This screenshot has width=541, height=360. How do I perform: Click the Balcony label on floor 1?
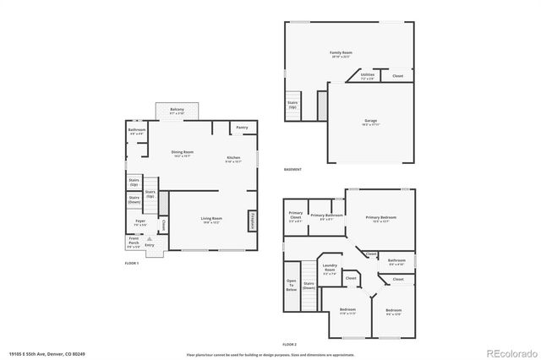[177, 110]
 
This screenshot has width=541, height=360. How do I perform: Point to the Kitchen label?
[233, 158]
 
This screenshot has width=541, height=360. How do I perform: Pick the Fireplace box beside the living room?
[252, 220]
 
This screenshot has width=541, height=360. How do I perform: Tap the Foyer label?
[139, 222]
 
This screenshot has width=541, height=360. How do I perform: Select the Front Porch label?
[134, 240]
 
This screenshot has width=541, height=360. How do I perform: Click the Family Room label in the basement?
[341, 52]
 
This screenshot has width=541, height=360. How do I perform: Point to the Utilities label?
[367, 75]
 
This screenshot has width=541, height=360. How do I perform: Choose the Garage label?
[370, 121]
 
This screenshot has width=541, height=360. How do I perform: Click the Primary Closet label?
[296, 215]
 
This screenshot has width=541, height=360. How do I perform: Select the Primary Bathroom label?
[325, 216]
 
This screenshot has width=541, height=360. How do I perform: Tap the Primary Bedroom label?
[381, 217]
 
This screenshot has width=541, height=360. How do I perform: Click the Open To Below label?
[292, 284]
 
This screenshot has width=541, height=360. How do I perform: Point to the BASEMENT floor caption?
[293, 171]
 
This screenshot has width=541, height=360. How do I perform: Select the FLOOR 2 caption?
[290, 345]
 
